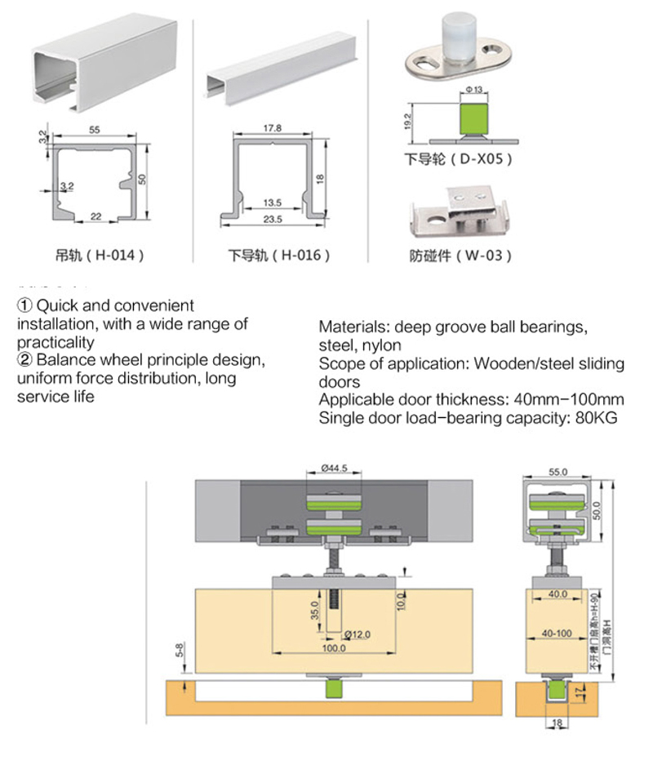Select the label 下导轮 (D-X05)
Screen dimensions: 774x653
pyautogui.click(x=460, y=159)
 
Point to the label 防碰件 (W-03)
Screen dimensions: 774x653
pyautogui.click(x=460, y=256)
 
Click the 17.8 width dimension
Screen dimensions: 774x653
pyautogui.click(x=272, y=128)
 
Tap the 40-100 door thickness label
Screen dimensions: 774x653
pyautogui.click(x=557, y=632)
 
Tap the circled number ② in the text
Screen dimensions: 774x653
pyautogui.click(x=25, y=360)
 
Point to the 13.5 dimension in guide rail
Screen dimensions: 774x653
pyautogui.click(x=272, y=202)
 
